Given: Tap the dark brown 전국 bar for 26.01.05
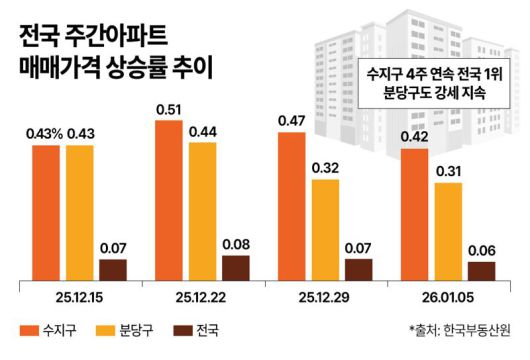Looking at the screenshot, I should coord(482,270).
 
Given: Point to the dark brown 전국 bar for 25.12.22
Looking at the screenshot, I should coord(235,267).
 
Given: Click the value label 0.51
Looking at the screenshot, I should coord(169,108).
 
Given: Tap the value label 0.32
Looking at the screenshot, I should coord(326,167).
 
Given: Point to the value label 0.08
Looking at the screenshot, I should coord(235,243).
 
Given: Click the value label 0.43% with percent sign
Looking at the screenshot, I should coord(45,133).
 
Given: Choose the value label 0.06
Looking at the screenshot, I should coord(482,249).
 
